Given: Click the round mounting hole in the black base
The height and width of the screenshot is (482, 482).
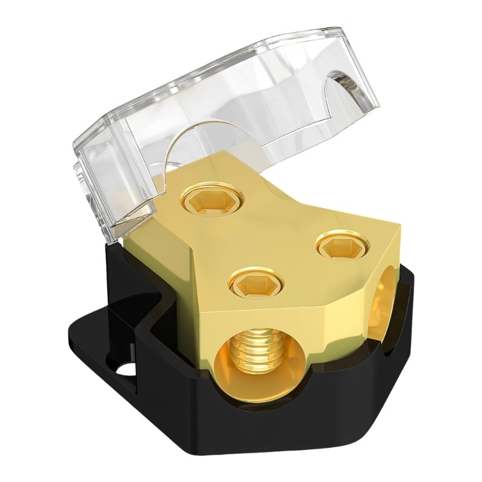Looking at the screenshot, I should coord(125,369).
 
